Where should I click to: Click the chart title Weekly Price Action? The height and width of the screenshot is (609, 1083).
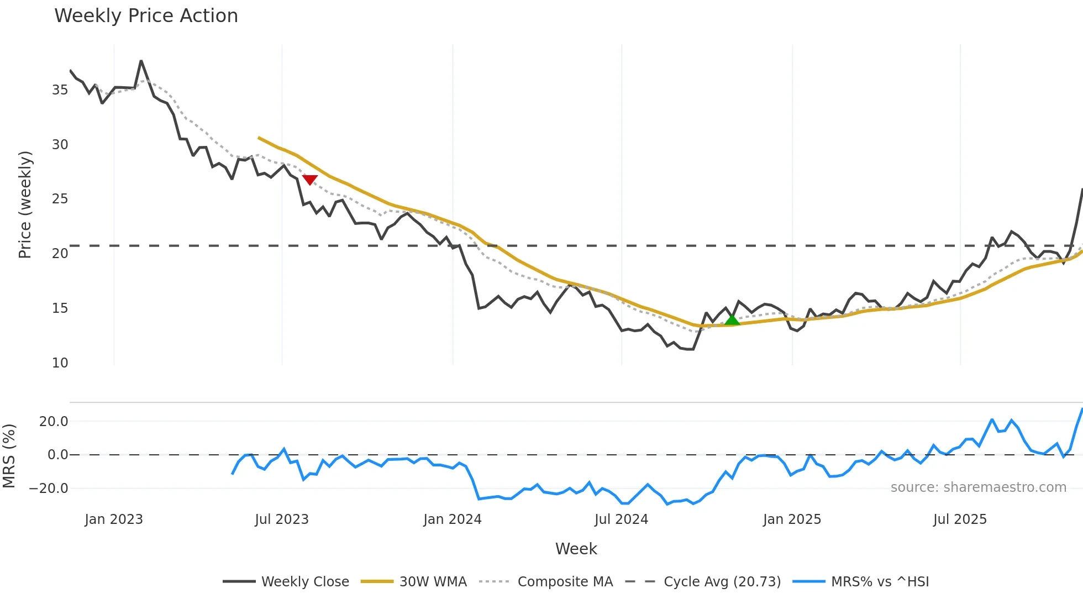pyautogui.click(x=146, y=16)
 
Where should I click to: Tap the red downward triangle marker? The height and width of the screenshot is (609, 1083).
pyautogui.click(x=310, y=180)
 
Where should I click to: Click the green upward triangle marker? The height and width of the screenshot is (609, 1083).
pyautogui.click(x=732, y=319)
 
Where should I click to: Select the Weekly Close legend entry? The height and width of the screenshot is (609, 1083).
pyautogui.click(x=286, y=581)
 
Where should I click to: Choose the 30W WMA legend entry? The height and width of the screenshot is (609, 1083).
pyautogui.click(x=414, y=581)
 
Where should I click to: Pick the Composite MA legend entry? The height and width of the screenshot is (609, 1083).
pyautogui.click(x=546, y=581)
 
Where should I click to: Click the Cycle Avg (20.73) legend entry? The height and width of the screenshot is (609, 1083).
pyautogui.click(x=703, y=581)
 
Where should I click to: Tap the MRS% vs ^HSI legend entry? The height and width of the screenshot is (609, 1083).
pyautogui.click(x=861, y=581)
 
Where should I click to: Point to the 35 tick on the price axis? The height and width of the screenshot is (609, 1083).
pyautogui.click(x=60, y=90)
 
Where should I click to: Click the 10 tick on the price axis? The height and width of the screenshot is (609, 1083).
pyautogui.click(x=60, y=363)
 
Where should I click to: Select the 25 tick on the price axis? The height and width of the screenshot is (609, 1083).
pyautogui.click(x=60, y=199)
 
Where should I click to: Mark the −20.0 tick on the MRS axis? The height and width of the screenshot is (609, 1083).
pyautogui.click(x=49, y=489)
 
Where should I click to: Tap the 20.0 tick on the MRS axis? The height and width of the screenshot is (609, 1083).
pyautogui.click(x=54, y=422)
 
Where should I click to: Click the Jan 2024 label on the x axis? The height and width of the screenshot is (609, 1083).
pyautogui.click(x=453, y=519)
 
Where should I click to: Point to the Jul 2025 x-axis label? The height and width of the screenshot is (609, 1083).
pyautogui.click(x=960, y=519)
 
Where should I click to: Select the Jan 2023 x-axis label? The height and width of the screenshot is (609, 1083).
pyautogui.click(x=114, y=519)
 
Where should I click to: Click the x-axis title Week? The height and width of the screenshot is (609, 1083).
pyautogui.click(x=576, y=549)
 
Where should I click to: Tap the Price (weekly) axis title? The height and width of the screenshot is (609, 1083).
pyautogui.click(x=25, y=204)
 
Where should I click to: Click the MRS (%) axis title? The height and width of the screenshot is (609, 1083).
pyautogui.click(x=9, y=456)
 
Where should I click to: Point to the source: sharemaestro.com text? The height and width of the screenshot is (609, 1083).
pyautogui.click(x=978, y=487)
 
